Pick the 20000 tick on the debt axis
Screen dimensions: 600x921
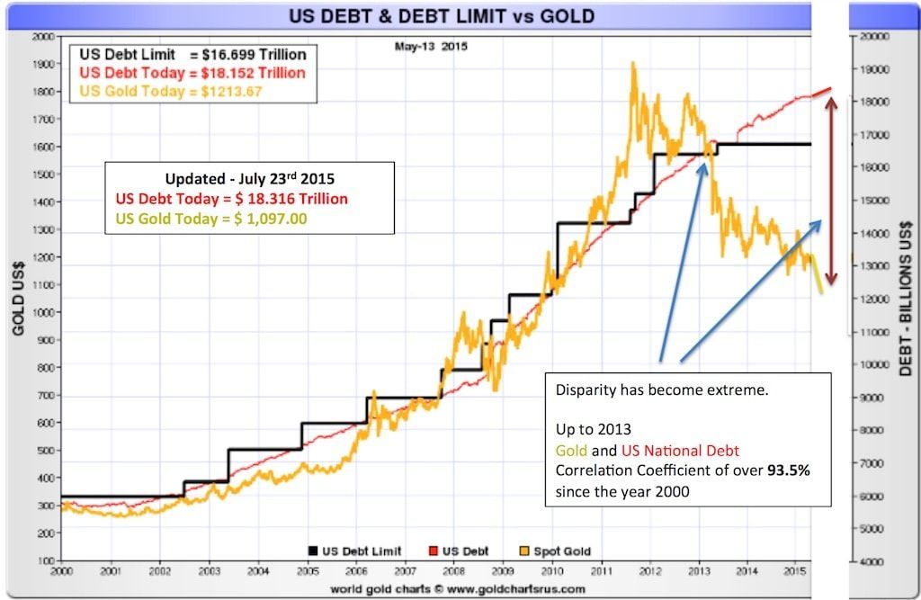click(x=876, y=37)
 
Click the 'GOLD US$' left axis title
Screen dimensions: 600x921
click(x=17, y=299)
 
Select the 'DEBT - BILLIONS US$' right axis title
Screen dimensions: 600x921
click(x=906, y=297)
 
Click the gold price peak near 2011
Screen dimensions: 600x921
click(x=633, y=65)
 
